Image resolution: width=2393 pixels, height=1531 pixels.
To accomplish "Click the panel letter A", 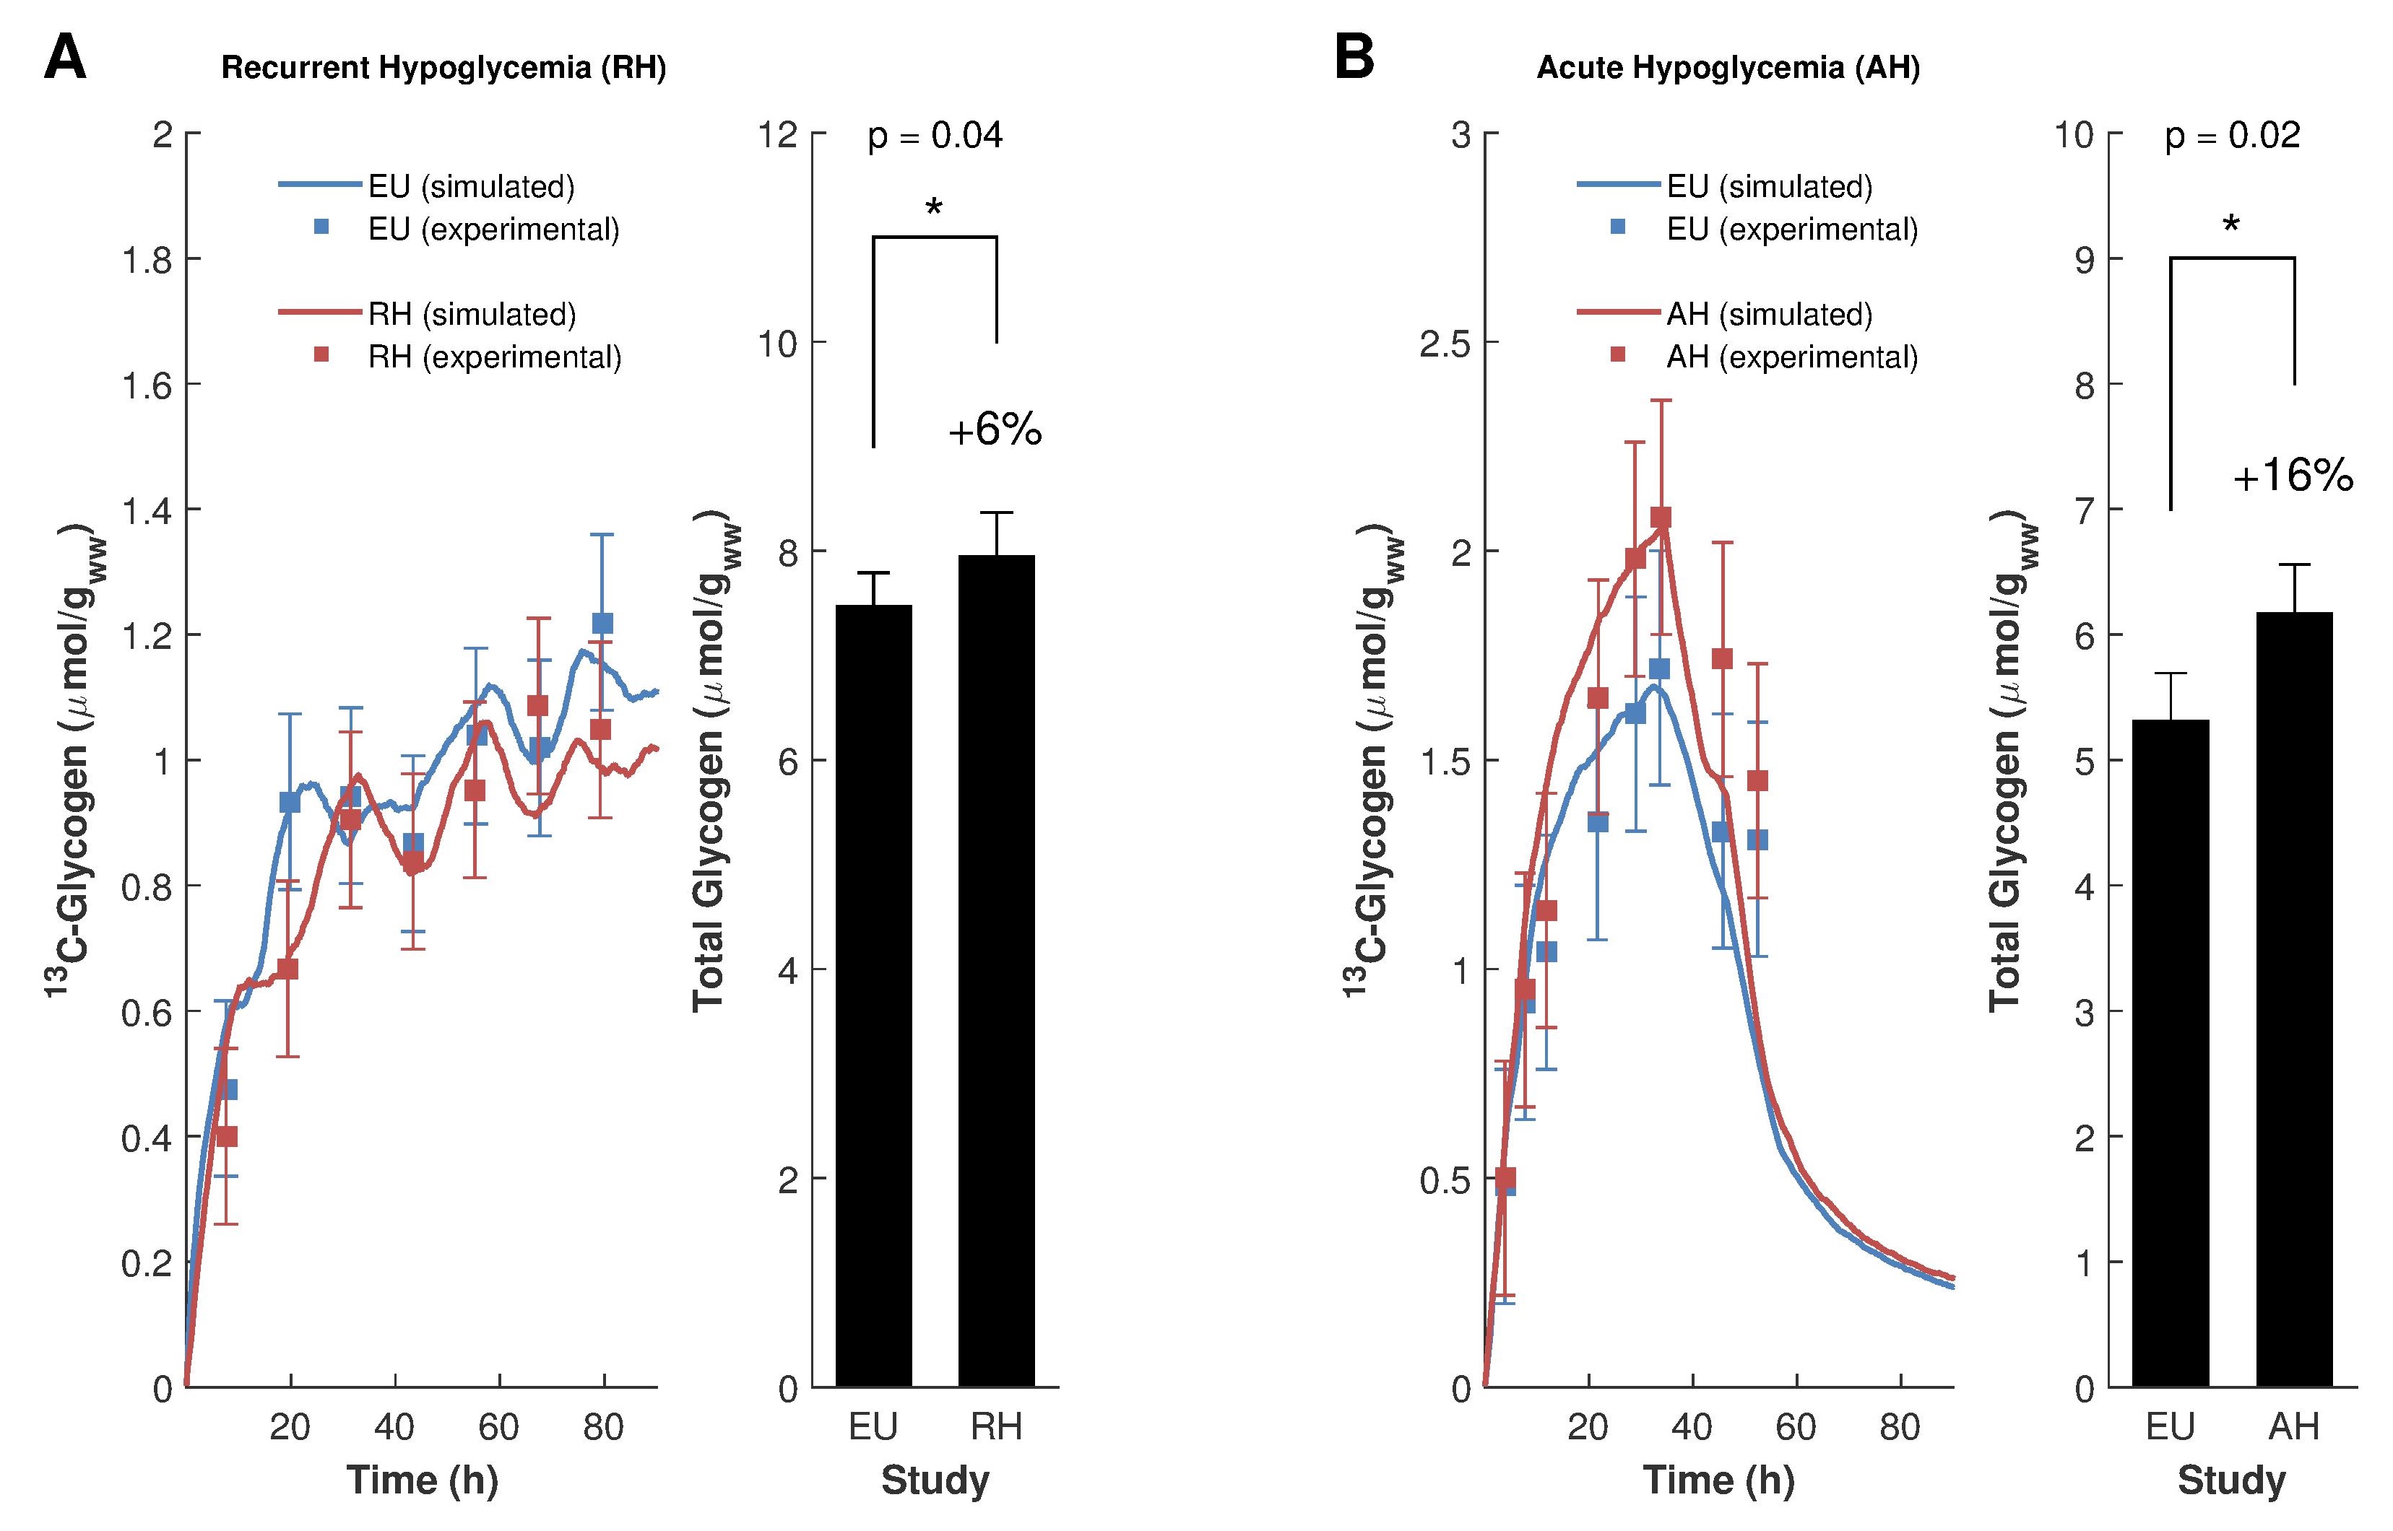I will tap(65, 58).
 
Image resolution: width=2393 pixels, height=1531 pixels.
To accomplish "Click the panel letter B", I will tap(1354, 58).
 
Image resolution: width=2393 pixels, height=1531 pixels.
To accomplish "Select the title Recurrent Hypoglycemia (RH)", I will tap(443, 68).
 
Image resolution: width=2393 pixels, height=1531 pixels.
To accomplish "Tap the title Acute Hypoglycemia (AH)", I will tap(1728, 68).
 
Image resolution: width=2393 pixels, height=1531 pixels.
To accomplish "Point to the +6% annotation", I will tap(995, 430).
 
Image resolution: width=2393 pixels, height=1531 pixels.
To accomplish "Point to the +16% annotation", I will tap(2293, 477).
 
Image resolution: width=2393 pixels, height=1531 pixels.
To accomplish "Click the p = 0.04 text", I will tap(935, 135).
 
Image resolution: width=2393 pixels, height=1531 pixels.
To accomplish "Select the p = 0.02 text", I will tap(2233, 135).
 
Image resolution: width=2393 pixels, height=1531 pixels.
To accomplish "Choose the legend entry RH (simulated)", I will tap(472, 314).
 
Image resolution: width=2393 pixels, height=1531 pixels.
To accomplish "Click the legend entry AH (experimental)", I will tap(1791, 356).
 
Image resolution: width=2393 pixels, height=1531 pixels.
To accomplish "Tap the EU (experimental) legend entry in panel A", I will tap(493, 229).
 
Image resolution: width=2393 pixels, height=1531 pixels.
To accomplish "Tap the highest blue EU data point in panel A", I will tap(602, 624).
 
